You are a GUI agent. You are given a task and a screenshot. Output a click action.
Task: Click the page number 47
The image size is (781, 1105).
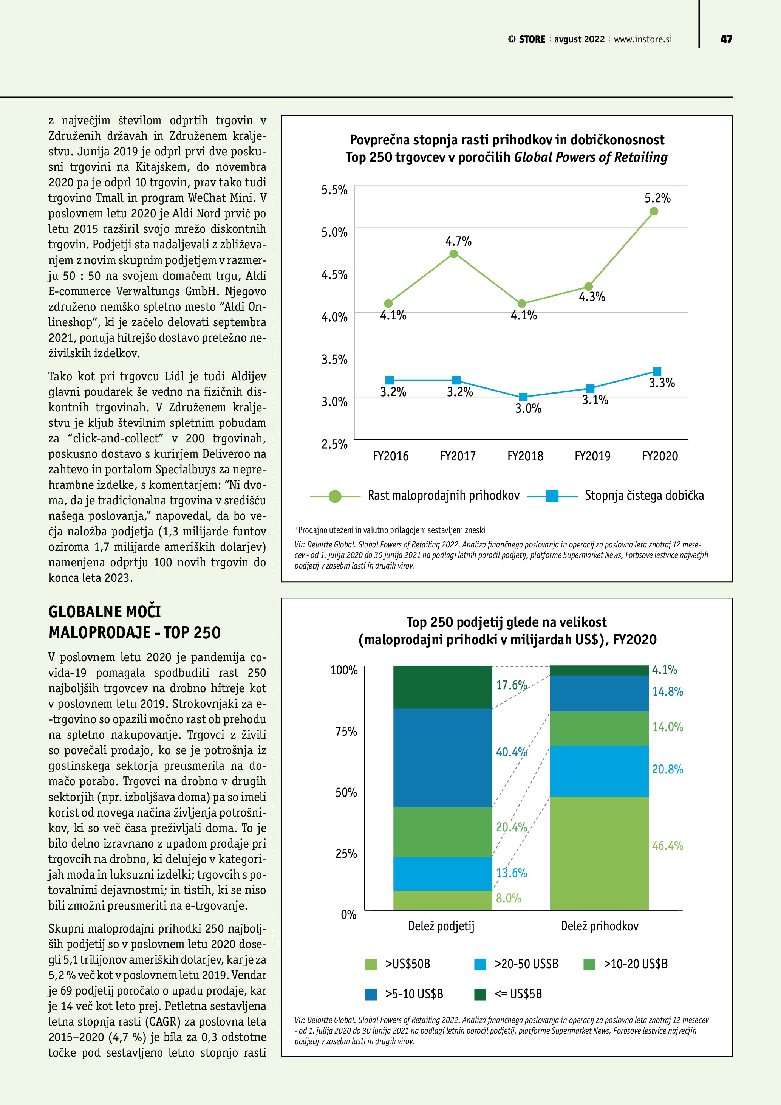[x=726, y=39]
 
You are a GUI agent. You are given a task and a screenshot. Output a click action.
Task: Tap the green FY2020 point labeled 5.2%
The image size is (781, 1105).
[x=654, y=211]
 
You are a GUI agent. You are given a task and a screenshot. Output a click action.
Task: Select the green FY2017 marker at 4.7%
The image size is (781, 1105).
[x=453, y=254]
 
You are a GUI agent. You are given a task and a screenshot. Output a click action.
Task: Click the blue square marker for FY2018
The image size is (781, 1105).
[x=524, y=397]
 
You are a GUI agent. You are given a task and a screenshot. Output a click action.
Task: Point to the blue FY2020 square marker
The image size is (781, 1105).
[x=657, y=372]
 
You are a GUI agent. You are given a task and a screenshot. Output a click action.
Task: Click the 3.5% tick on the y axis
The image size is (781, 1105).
[x=334, y=360]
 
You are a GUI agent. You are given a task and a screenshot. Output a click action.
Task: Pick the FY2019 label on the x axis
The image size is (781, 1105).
[x=592, y=456]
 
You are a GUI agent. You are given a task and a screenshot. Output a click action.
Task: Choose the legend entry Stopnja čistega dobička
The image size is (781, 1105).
[x=644, y=496]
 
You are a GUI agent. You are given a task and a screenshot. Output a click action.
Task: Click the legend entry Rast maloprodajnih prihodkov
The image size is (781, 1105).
[x=444, y=496]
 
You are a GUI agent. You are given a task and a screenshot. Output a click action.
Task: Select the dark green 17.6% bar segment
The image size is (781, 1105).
[x=442, y=687]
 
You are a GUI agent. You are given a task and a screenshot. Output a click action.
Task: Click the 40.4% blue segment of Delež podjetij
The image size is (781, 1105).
[x=442, y=758]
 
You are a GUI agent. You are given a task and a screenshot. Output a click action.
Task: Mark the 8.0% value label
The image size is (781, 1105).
[x=508, y=898]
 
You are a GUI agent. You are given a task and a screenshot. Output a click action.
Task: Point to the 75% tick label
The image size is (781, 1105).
[x=346, y=732]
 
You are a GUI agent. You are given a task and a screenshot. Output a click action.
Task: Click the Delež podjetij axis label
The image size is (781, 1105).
[x=441, y=926]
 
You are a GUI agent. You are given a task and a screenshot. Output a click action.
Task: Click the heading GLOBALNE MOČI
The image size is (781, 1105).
[x=104, y=612]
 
